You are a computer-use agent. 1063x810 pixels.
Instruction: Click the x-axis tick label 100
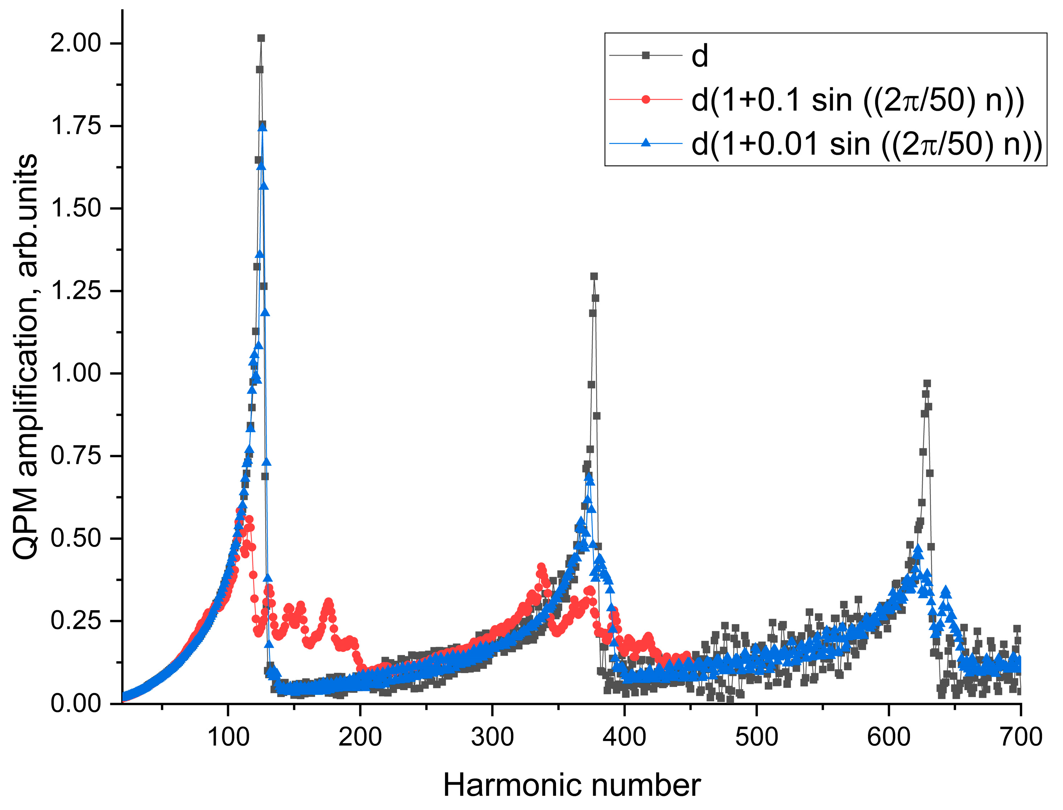228,737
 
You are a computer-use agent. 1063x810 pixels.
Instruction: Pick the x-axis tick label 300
492,737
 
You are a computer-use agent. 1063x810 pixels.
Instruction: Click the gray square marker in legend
645,56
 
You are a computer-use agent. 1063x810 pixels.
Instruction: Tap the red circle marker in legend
645,100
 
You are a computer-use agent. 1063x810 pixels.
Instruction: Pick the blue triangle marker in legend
645,143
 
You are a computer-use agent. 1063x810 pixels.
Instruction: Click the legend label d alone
699,56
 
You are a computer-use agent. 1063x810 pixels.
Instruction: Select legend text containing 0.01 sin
866,144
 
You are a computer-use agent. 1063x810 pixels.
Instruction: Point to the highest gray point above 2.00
261,38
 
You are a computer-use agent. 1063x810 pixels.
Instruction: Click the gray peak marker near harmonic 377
594,276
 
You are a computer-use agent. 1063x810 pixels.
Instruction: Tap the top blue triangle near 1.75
263,126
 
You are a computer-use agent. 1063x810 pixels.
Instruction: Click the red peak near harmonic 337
541,567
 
